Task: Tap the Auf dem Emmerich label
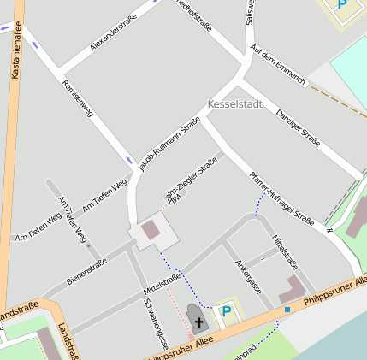coord(278,66)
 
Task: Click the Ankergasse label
coord(246,273)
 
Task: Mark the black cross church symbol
coord(198,322)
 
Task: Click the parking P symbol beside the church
coord(227,312)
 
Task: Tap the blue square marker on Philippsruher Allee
coord(288,309)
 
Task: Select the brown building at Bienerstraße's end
coord(150,229)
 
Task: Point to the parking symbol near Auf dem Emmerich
coord(343,4)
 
